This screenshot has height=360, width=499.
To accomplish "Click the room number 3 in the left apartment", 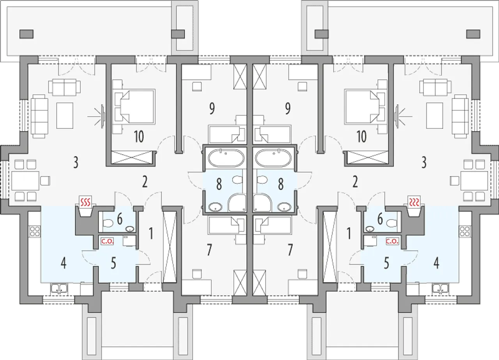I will (76, 163).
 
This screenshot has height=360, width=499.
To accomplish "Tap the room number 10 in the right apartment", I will (361, 137).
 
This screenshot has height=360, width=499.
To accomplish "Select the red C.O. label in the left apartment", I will (106, 241).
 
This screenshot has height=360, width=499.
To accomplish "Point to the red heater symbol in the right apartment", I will (414, 202).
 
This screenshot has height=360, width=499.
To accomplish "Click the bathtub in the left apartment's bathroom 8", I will (227, 159).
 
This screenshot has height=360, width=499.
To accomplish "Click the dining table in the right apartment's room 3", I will (474, 181).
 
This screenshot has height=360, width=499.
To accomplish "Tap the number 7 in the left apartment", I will (209, 250).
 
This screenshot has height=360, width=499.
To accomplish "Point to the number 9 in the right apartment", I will (288, 109).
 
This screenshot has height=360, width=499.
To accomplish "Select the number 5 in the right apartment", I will (386, 263).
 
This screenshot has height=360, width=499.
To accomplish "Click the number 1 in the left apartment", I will (150, 233).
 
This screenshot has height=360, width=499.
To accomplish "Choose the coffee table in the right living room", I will (435, 115).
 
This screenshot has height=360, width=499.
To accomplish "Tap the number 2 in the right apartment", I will (355, 182).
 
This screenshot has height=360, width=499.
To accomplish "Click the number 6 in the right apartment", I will (380, 219).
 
